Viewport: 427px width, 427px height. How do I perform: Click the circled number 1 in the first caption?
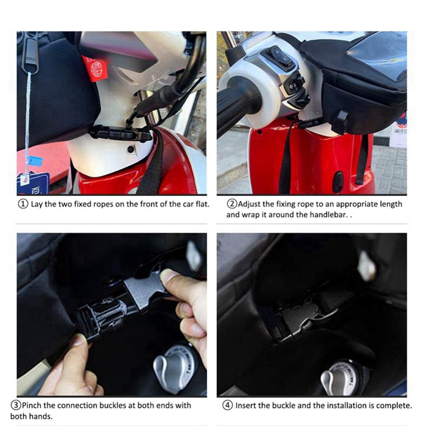23,204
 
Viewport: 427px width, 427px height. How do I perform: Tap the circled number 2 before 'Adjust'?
232,204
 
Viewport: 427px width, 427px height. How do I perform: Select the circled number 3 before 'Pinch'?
16,406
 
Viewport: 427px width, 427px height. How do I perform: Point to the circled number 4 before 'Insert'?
228,406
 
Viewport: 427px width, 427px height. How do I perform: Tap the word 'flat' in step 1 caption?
201,204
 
